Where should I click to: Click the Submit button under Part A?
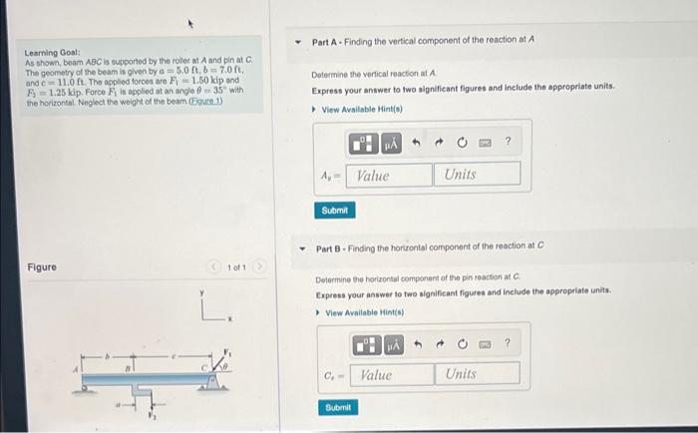point(335,211)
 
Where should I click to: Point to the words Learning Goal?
point(47,53)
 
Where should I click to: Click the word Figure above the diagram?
point(42,267)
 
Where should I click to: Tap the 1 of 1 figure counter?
point(236,267)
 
